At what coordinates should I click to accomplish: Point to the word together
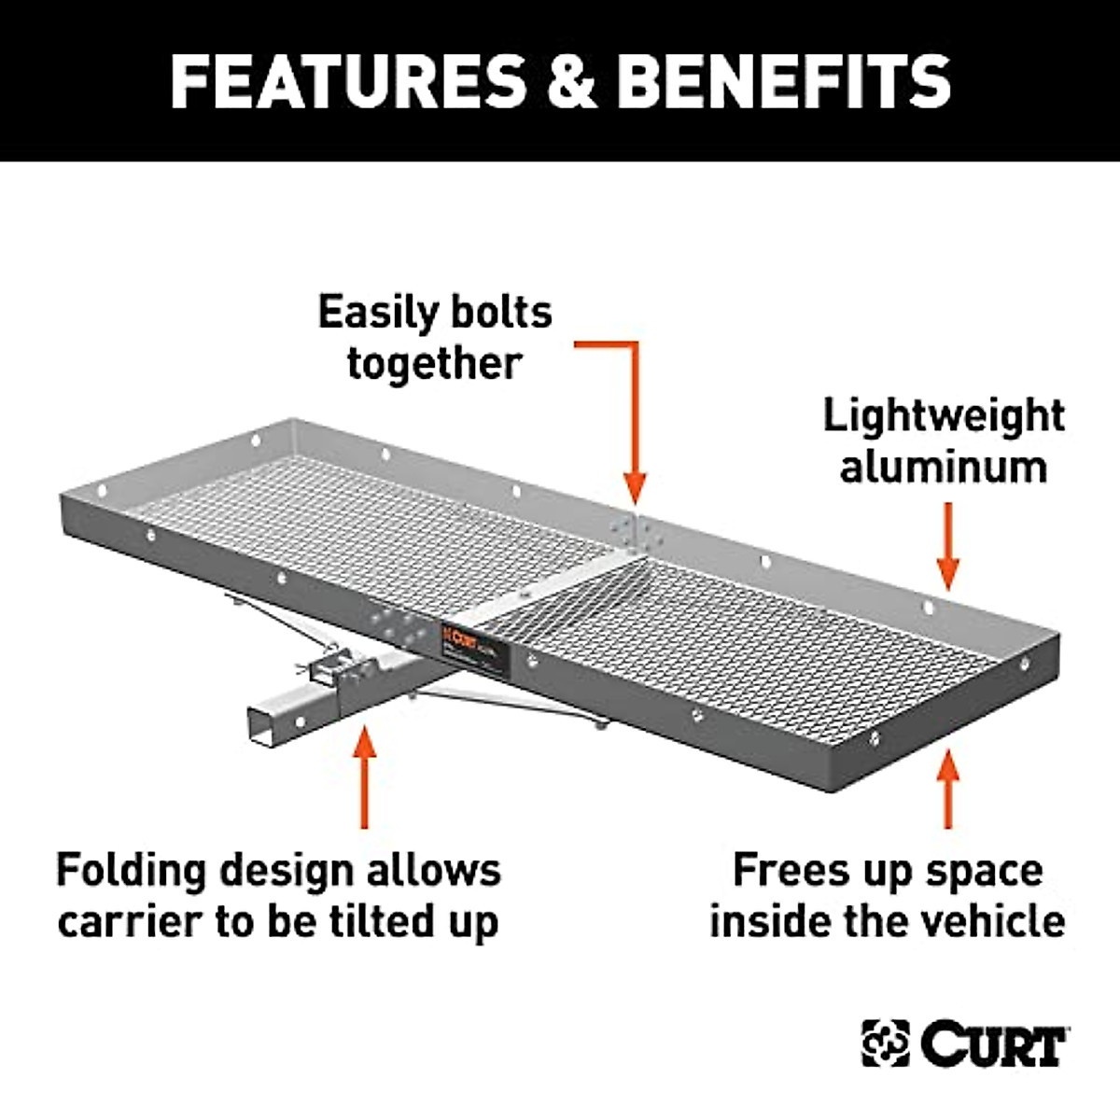(434, 362)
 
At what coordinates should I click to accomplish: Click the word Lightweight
(943, 415)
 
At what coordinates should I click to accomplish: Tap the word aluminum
(943, 466)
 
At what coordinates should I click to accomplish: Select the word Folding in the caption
(130, 870)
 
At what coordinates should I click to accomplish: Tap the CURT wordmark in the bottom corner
(994, 1043)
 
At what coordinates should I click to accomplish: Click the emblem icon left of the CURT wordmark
(885, 1043)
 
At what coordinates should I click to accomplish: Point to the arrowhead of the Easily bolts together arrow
(635, 489)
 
